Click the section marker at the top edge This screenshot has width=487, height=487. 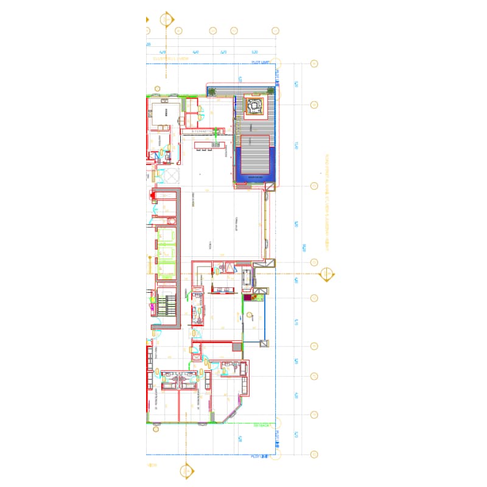tap(167, 19)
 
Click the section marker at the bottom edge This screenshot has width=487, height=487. tap(187, 471)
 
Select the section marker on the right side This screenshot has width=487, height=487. tap(327, 275)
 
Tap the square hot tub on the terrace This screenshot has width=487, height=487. tap(253, 107)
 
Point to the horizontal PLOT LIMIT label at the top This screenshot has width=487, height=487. tap(261, 63)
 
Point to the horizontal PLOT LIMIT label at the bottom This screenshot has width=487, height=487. tap(260, 456)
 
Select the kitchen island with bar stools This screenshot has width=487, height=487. tap(208, 144)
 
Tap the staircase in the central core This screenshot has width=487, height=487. tap(165, 303)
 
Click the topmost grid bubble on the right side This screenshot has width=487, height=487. tap(315, 64)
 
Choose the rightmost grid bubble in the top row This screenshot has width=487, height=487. tap(275, 30)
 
